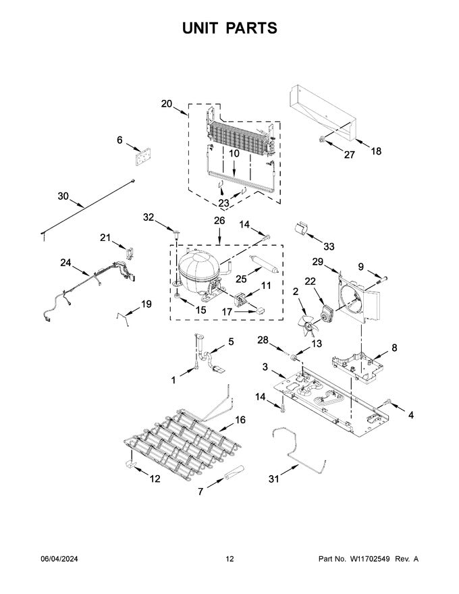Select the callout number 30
(x=63, y=196)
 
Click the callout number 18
(x=376, y=151)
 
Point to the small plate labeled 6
(x=142, y=157)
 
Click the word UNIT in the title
(x=200, y=28)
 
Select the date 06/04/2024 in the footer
(x=59, y=559)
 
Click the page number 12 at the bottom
(x=230, y=559)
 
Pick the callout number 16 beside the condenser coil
(x=240, y=420)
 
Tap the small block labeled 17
(x=260, y=310)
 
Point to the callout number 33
(x=329, y=246)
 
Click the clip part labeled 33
(x=301, y=228)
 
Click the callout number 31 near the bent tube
(x=274, y=479)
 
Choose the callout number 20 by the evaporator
(x=167, y=104)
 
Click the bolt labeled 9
(x=381, y=279)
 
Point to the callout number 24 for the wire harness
(x=65, y=263)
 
